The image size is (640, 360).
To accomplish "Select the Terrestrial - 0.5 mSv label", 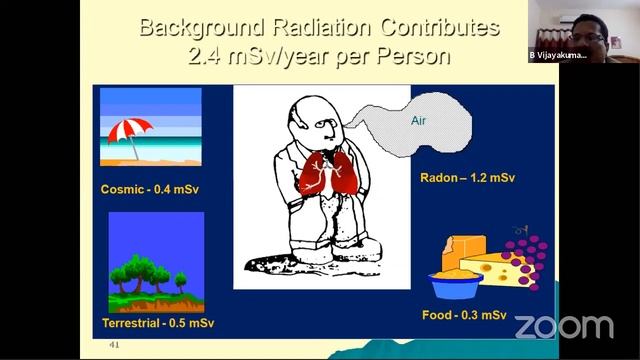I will coord(157,323).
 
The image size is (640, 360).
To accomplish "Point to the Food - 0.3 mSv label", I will coord(464,315).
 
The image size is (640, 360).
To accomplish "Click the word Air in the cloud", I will coord(420,121).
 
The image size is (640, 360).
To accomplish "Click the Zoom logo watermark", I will coord(563,326).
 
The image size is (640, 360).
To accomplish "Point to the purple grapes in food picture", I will coord(527,256).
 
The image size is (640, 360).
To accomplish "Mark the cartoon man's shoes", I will coord(350,251).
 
